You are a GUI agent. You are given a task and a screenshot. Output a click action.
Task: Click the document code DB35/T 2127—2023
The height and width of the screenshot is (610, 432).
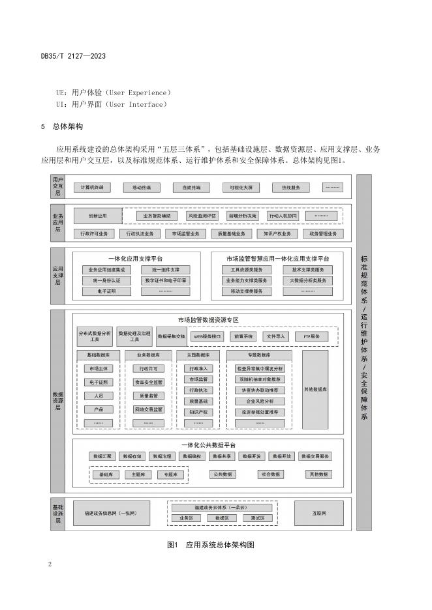[73, 57]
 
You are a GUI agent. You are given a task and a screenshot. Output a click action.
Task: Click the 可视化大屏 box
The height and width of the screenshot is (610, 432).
[241, 188]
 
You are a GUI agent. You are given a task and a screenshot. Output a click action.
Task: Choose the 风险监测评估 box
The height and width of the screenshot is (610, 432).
[203, 215]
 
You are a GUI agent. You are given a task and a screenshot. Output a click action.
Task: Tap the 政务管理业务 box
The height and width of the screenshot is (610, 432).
[323, 233]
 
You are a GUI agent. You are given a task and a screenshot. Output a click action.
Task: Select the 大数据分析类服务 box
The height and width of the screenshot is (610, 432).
[307, 280]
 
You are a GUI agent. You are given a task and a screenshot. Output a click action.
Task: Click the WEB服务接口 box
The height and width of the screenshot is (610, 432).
[208, 336]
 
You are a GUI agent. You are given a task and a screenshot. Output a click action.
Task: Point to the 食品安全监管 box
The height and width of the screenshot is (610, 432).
[148, 382]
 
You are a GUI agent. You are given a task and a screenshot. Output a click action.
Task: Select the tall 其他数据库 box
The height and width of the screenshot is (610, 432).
[315, 389]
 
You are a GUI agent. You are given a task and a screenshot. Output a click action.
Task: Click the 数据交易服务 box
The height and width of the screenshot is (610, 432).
[317, 456]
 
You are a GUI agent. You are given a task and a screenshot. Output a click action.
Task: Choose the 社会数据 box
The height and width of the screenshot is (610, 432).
[270, 474]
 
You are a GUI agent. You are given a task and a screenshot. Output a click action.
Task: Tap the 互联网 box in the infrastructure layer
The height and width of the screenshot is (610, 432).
[318, 512]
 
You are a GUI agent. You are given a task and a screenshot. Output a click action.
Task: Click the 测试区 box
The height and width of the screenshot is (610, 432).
[256, 517]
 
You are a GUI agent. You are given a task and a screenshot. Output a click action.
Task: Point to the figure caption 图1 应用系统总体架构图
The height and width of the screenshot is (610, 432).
[210, 543]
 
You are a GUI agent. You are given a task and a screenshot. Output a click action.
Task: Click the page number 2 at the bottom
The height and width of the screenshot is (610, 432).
[50, 564]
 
